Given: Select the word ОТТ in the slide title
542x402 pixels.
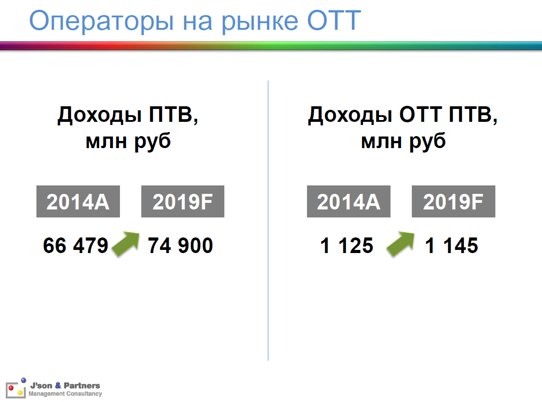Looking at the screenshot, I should pyautogui.click(x=331, y=20).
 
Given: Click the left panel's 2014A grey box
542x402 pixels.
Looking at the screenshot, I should pyautogui.click(x=78, y=202).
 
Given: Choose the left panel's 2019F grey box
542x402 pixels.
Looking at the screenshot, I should pyautogui.click(x=183, y=202).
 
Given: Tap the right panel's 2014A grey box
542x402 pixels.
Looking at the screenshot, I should pyautogui.click(x=348, y=202).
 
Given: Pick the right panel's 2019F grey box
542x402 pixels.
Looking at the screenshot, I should pyautogui.click(x=453, y=202).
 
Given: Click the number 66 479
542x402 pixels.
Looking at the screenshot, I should pyautogui.click(x=76, y=245).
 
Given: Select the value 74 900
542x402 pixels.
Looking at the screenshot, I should pyautogui.click(x=180, y=245).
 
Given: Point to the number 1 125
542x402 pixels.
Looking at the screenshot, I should pyautogui.click(x=347, y=245).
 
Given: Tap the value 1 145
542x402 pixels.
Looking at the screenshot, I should pyautogui.click(x=451, y=245).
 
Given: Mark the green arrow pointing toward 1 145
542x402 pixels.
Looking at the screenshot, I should pyautogui.click(x=400, y=244).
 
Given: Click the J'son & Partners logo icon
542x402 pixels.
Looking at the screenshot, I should pyautogui.click(x=16, y=389).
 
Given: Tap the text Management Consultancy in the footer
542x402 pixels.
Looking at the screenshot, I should pyautogui.click(x=65, y=394).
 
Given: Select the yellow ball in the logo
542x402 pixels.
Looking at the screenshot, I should pyautogui.click(x=20, y=393).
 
